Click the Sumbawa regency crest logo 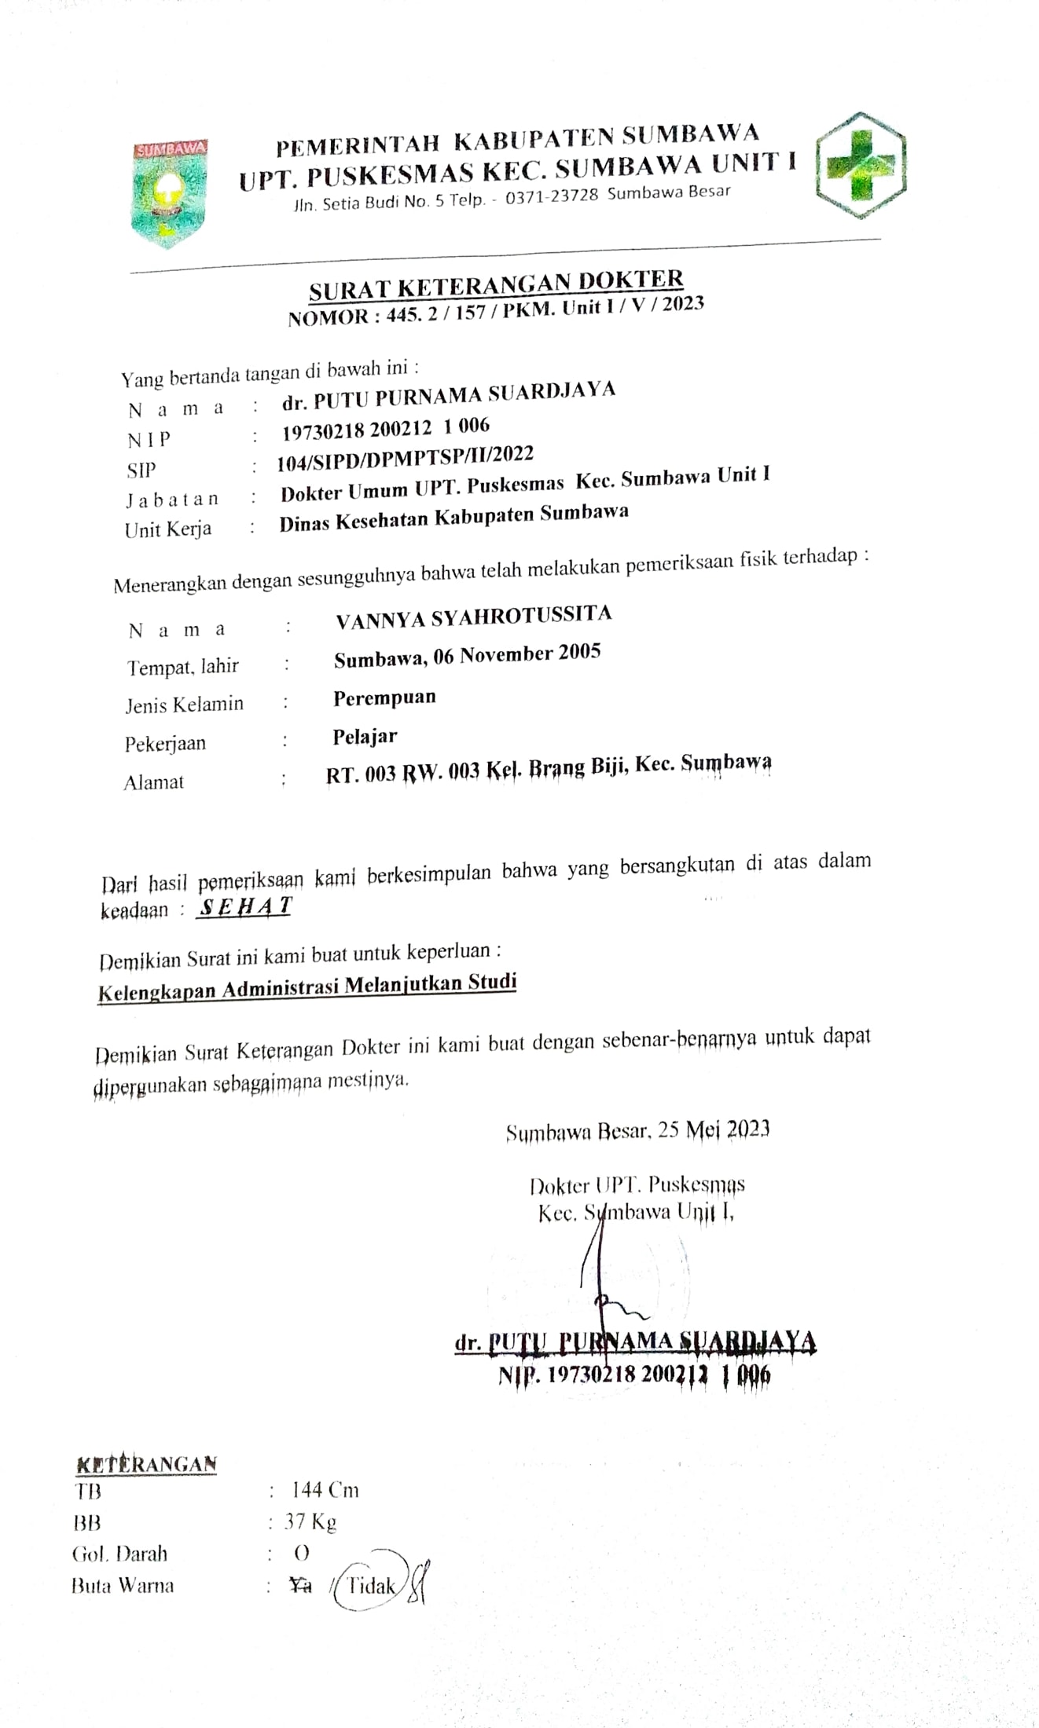[169, 193]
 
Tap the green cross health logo [861, 166]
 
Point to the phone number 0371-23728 [551, 196]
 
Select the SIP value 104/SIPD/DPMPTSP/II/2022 [405, 459]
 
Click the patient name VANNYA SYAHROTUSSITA [473, 617]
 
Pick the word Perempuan [384, 697]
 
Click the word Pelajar [365, 737]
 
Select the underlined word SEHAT [245, 906]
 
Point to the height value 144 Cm [325, 1490]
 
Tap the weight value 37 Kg [310, 1522]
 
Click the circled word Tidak [372, 1586]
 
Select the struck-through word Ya [300, 1586]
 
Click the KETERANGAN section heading [146, 1463]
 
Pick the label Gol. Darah [119, 1554]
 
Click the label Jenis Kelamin [184, 705]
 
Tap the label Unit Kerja [167, 529]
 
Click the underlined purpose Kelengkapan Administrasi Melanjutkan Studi [307, 987]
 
